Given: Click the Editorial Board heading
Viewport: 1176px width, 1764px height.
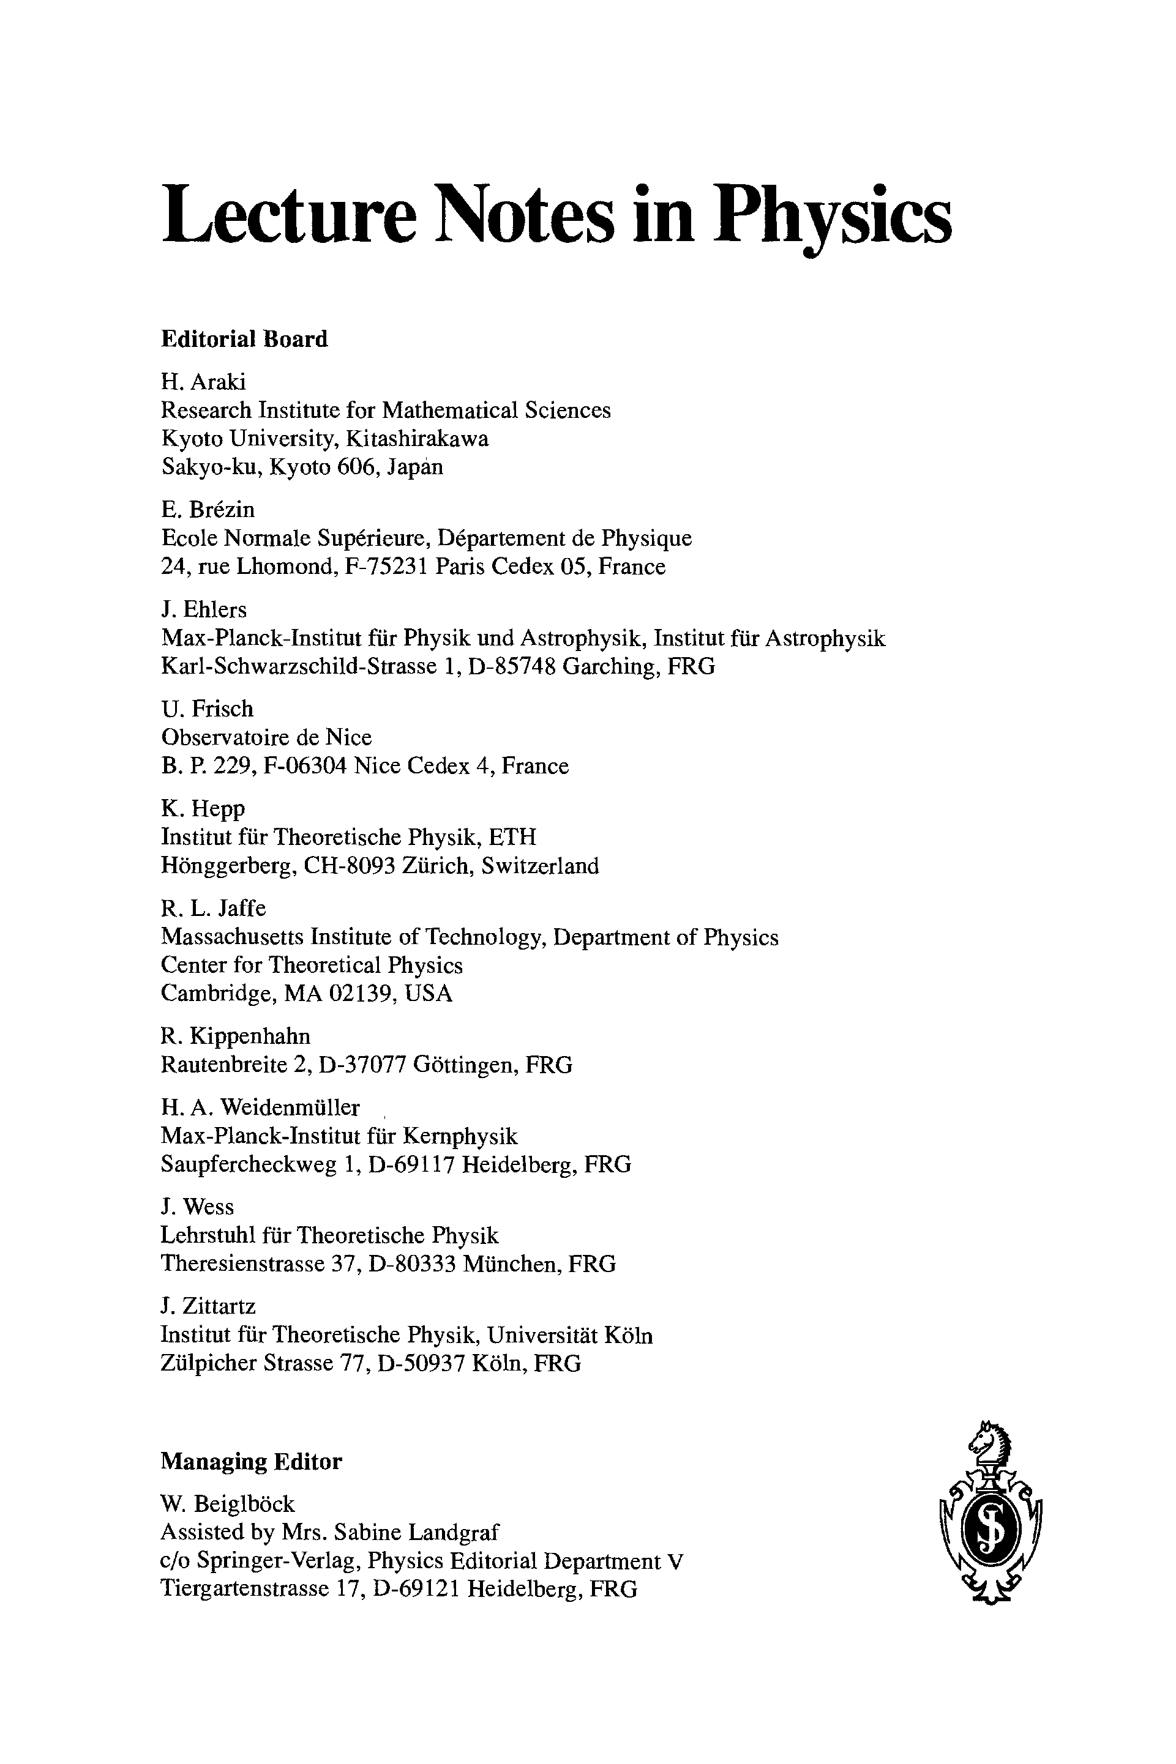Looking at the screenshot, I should coord(244,339).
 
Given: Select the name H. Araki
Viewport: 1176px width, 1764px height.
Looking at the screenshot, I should coord(203,382).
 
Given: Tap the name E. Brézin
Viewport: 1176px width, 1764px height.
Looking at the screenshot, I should coord(208,510).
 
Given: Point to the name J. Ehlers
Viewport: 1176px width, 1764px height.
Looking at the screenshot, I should coord(203,609).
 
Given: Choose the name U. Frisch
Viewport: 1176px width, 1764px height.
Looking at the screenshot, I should coord(207,709).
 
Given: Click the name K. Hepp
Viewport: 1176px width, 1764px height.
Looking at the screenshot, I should coord(203,809).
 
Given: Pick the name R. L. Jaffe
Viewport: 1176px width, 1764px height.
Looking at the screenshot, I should coord(213,909).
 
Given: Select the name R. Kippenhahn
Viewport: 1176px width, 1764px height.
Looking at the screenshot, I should coord(234,1037).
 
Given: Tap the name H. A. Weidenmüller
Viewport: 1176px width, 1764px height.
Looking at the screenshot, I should coord(260,1107).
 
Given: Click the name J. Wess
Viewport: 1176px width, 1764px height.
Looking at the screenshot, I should coord(197,1207).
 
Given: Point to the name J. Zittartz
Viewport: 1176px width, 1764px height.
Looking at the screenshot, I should coord(208,1307).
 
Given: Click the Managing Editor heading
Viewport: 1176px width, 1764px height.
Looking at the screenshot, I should coord(251,1461).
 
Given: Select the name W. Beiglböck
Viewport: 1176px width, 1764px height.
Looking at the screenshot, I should coord(228,1504).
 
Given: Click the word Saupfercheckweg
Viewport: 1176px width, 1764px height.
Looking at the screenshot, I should coord(249,1164).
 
